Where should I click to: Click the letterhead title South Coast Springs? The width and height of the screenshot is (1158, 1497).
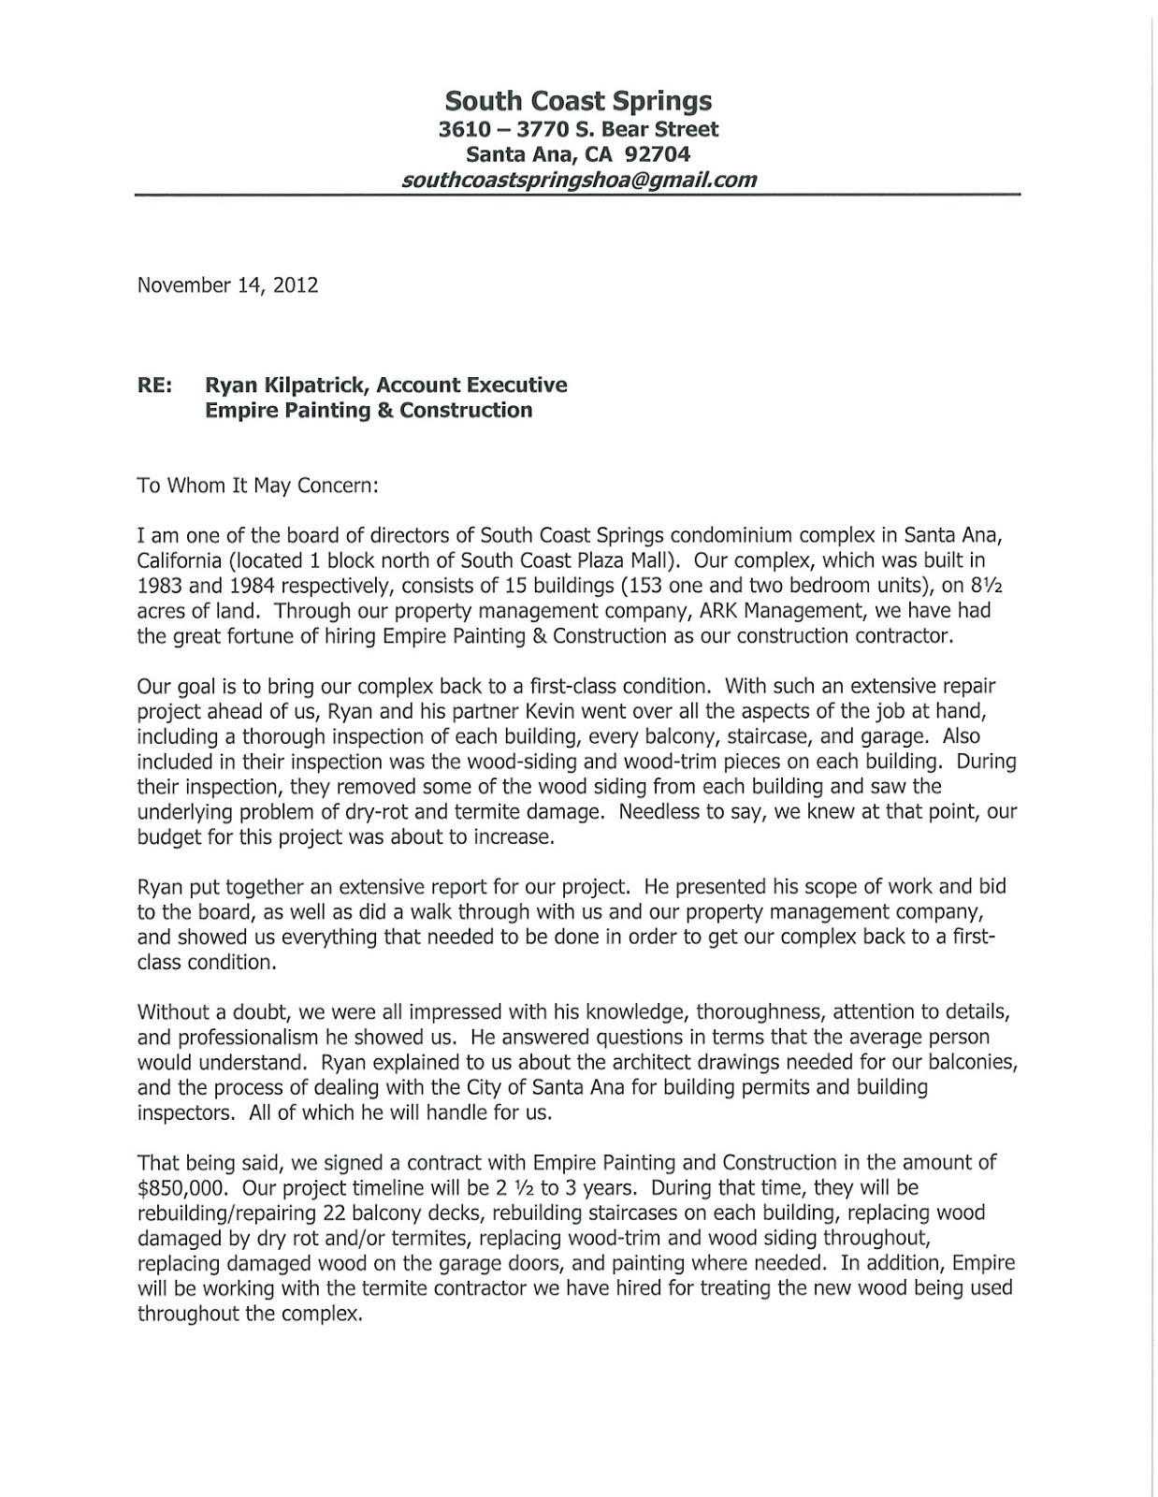578,101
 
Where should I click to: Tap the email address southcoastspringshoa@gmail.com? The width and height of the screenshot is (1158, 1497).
578,180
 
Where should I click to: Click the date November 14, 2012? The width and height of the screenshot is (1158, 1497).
227,285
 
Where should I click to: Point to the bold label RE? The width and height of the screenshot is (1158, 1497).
154,385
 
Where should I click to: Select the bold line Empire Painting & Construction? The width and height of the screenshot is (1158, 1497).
369,411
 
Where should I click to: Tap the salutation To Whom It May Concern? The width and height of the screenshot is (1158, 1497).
257,486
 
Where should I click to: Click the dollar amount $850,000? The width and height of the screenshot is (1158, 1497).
178,1187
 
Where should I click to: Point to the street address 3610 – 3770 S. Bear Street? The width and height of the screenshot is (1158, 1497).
578,129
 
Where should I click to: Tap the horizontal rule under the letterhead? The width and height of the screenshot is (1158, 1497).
577,195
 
